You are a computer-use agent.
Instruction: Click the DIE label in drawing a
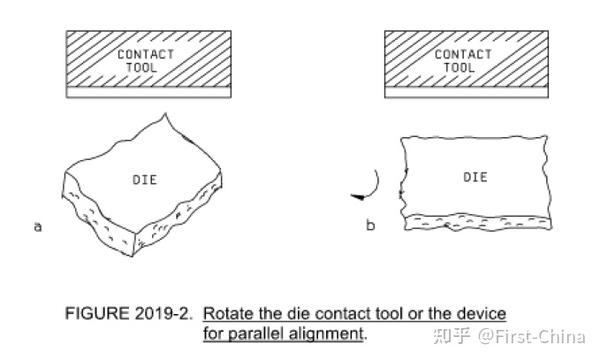(145, 180)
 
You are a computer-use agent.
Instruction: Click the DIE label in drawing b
(475, 177)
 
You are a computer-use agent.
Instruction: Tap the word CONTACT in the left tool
(145, 54)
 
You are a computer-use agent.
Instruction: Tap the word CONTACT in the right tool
(463, 54)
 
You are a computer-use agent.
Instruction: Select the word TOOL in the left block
(141, 68)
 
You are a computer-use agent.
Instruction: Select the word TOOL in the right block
(459, 68)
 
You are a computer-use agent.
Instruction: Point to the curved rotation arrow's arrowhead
(358, 197)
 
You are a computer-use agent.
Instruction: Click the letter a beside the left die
(38, 227)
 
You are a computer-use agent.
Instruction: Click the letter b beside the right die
(370, 225)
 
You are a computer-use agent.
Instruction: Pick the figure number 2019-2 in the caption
(163, 314)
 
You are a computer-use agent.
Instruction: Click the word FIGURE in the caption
(97, 314)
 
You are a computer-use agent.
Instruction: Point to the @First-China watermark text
(532, 337)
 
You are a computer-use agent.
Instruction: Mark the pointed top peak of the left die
(165, 113)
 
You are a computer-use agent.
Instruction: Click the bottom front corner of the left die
(133, 256)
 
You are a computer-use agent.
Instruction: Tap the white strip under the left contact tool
(148, 92)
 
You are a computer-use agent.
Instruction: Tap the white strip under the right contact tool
(466, 92)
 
